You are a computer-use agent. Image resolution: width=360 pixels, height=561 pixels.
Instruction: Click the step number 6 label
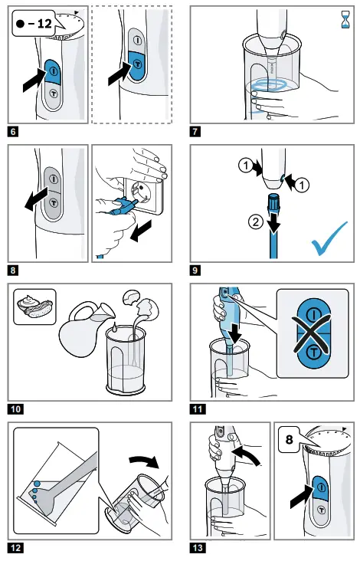(13, 131)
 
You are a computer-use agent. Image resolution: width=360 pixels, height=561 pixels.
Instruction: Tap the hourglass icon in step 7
(345, 20)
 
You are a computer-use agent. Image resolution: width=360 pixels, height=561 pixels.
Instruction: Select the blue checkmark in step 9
(329, 238)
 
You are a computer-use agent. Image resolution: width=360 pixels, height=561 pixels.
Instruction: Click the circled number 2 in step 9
(256, 222)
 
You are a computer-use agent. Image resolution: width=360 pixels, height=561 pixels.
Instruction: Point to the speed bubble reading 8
(290, 440)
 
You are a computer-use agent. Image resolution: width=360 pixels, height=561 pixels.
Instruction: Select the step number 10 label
(16, 408)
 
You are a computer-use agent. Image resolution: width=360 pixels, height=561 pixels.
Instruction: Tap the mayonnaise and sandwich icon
(35, 307)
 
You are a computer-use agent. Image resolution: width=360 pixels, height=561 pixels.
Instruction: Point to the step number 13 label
(198, 547)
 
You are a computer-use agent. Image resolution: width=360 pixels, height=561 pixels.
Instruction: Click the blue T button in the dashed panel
(137, 65)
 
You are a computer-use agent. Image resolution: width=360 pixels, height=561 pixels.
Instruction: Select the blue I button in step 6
(53, 71)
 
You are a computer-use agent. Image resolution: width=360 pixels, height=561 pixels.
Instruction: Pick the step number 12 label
(16, 547)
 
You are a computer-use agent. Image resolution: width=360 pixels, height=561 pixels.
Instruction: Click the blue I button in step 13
(321, 487)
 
